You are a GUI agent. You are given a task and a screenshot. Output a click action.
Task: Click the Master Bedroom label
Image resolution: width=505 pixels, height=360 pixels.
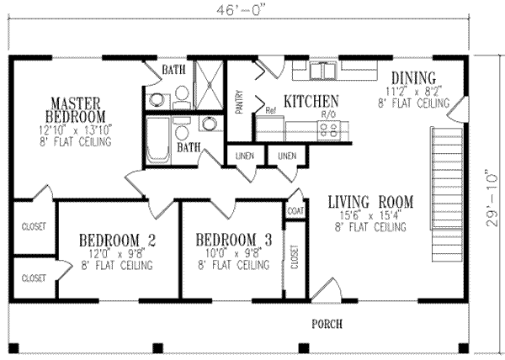pyautogui.click(x=76, y=108)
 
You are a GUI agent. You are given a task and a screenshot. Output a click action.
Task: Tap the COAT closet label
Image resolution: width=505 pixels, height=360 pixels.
pyautogui.click(x=295, y=211)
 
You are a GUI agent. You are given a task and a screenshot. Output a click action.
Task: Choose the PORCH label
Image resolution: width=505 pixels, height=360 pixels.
pyautogui.click(x=326, y=323)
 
